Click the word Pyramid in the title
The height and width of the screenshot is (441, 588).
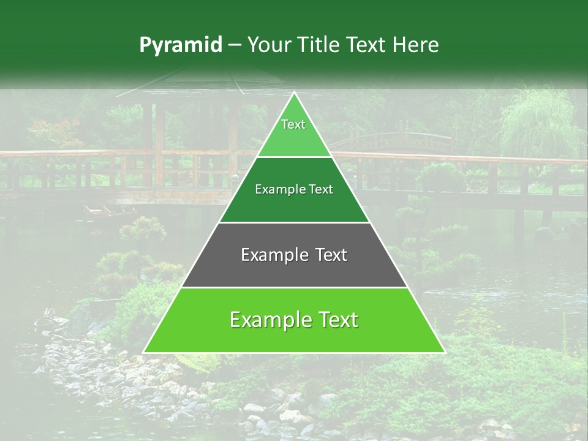pyautogui.click(x=181, y=45)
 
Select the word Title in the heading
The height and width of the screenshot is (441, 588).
pyautogui.click(x=320, y=45)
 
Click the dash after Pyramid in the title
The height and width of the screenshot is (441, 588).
pyautogui.click(x=235, y=46)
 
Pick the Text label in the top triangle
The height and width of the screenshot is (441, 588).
pyautogui.click(x=293, y=125)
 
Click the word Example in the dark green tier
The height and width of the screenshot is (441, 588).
pyautogui.click(x=276, y=190)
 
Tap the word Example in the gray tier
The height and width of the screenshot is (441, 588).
pyautogui.click(x=270, y=255)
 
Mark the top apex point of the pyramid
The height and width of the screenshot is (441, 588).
pyautogui.click(x=294, y=92)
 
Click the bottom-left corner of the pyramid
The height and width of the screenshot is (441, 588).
pyautogui.click(x=144, y=352)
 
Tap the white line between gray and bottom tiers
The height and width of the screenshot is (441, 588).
pyautogui.click(x=294, y=287)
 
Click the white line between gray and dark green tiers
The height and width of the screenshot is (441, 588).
pyautogui.click(x=294, y=222)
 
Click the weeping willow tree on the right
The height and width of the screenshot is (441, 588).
pyautogui.click(x=539, y=123)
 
